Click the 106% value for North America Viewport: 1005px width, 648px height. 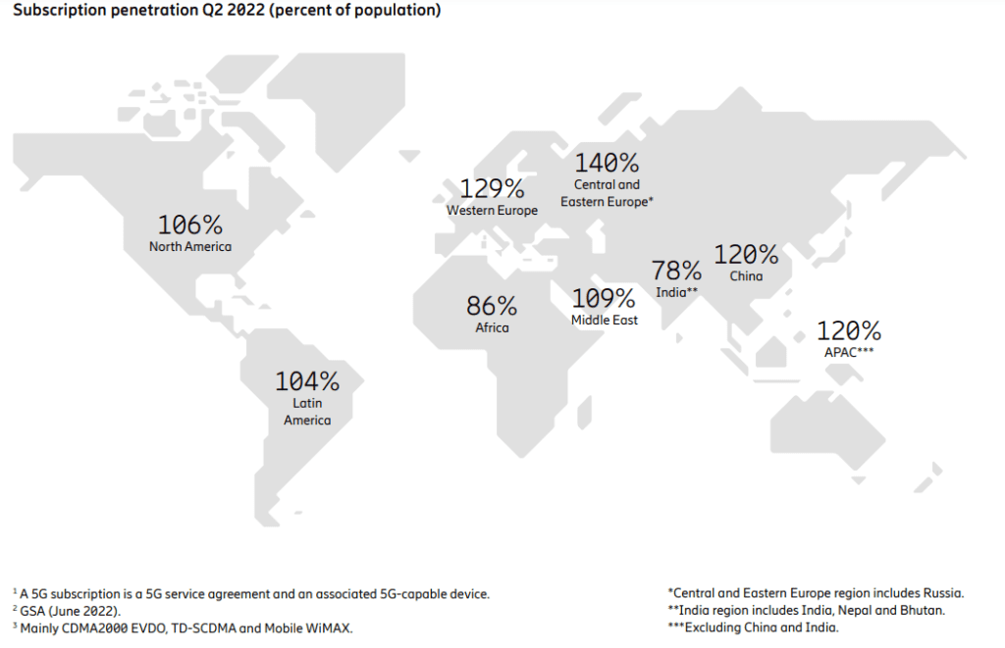pyautogui.click(x=190, y=224)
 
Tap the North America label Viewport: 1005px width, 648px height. pyautogui.click(x=190, y=246)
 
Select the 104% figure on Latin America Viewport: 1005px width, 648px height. pyautogui.click(x=307, y=381)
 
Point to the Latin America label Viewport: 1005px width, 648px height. pyautogui.click(x=307, y=412)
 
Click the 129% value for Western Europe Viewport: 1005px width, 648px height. pyautogui.click(x=492, y=188)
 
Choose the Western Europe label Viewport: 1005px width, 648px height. pyautogui.click(x=492, y=210)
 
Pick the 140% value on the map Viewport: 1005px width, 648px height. pyautogui.click(x=607, y=163)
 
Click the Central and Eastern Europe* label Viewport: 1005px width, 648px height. pyautogui.click(x=607, y=192)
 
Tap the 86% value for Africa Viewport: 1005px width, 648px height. pyautogui.click(x=492, y=306)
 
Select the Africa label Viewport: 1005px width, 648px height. pyautogui.click(x=492, y=327)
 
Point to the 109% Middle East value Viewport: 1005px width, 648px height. pyautogui.click(x=604, y=298)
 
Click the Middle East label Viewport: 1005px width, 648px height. pyautogui.click(x=604, y=320)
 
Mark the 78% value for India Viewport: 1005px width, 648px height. pyautogui.click(x=677, y=271)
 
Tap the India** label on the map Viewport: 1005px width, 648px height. pyautogui.click(x=677, y=292)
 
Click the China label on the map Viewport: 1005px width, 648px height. pyautogui.click(x=746, y=276)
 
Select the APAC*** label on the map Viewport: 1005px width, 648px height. pyautogui.click(x=849, y=351)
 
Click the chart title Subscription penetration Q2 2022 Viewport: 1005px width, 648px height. pyautogui.click(x=225, y=11)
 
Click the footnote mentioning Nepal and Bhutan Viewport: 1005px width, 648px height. pyautogui.click(x=805, y=611)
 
